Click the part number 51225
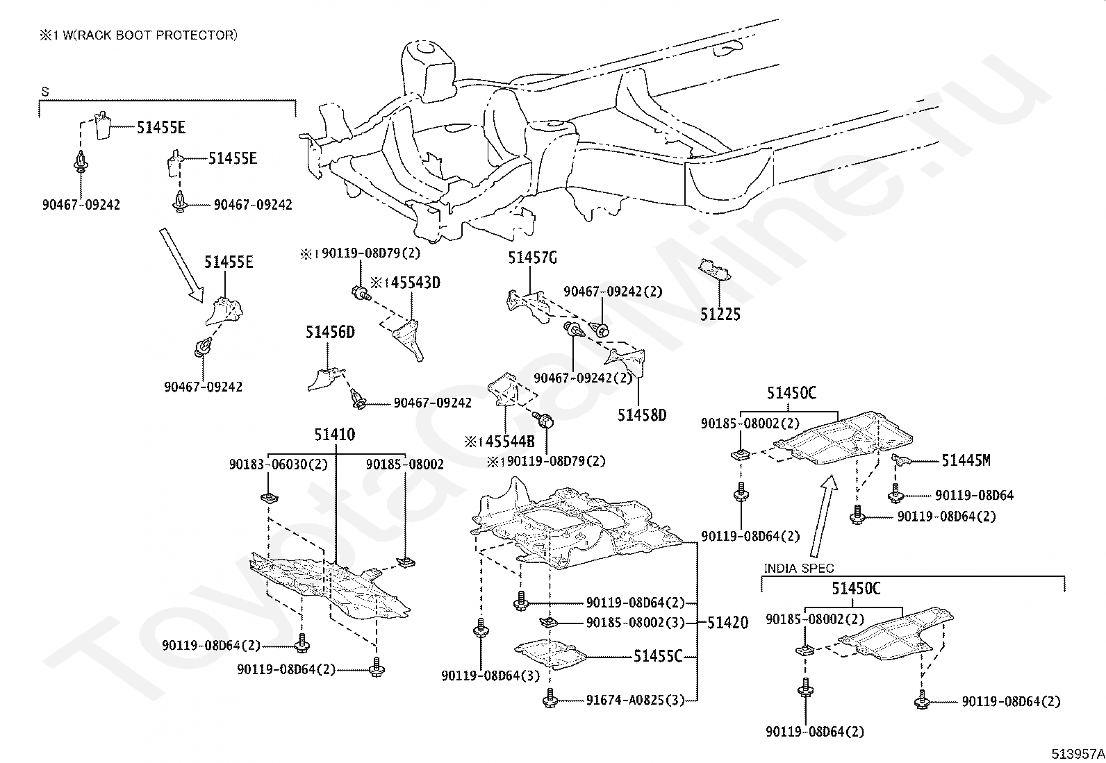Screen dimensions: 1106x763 (720, 315)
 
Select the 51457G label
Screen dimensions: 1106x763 (533, 258)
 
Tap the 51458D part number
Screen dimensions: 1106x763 (642, 415)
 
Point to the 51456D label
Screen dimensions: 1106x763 (330, 332)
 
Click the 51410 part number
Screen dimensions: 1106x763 (335, 435)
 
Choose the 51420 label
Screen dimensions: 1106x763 (728, 623)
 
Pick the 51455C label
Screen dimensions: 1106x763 (658, 656)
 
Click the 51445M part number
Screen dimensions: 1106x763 (966, 460)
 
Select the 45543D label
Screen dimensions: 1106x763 (415, 283)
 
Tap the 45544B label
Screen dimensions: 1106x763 (510, 442)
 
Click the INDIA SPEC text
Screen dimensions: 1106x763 (799, 569)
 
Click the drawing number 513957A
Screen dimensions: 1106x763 (1078, 754)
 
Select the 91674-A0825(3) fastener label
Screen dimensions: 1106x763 (635, 701)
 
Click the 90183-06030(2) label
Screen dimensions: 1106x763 (279, 464)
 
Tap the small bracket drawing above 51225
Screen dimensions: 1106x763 (714, 269)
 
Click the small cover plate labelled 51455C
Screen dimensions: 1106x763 (550, 655)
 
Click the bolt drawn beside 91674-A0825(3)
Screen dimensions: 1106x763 (550, 698)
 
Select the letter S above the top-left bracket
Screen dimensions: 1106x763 (45, 92)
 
